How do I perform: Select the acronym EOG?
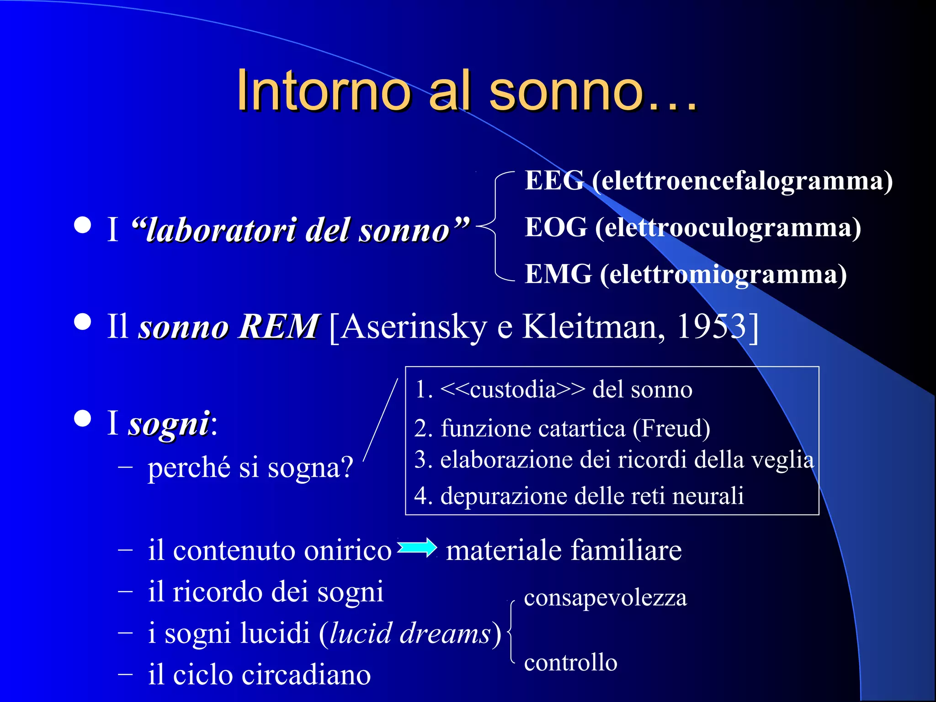(x=556, y=227)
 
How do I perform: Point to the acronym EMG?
(x=558, y=274)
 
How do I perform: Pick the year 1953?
(x=712, y=326)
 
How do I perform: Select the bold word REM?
(x=278, y=326)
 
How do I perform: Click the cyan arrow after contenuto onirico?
(x=417, y=548)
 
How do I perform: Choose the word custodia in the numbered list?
(x=512, y=389)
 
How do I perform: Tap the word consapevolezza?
(x=605, y=598)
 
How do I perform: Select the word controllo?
(x=570, y=662)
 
